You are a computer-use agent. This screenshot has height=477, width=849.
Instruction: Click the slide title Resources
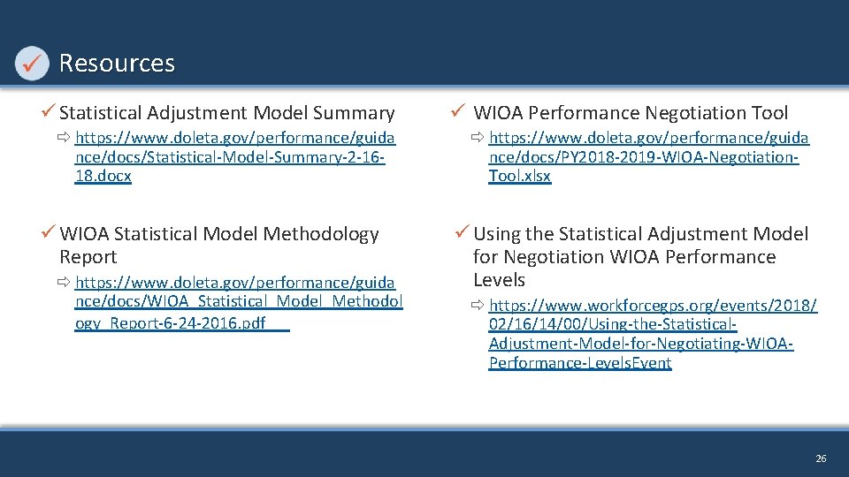tap(117, 64)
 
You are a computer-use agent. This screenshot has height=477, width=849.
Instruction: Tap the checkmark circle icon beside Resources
tap(32, 63)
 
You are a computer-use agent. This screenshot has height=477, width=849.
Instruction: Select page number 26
tap(821, 458)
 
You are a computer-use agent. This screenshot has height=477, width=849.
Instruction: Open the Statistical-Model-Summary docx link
tap(235, 156)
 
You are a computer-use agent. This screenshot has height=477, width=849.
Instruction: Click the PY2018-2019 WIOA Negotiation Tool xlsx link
tap(648, 156)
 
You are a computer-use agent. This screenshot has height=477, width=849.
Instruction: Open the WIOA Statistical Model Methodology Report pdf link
tap(238, 302)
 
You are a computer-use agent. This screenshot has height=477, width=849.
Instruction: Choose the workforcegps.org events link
tap(652, 334)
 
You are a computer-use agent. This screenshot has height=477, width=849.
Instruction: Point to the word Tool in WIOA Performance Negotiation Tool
tap(767, 113)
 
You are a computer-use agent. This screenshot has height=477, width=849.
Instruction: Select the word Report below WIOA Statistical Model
tap(88, 257)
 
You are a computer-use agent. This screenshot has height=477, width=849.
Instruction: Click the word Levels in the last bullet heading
tap(499, 280)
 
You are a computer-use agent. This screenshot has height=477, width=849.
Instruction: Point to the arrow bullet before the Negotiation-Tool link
tap(478, 138)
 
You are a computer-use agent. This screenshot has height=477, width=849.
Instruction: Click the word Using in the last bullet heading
tap(497, 234)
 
